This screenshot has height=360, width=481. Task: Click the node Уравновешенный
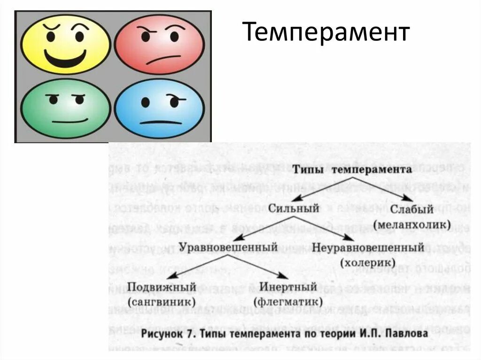228,246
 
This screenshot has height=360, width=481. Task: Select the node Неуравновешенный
368,247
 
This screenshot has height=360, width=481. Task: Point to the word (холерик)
368,262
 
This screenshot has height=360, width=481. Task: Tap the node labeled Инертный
288,286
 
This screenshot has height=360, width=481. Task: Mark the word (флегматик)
288,301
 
